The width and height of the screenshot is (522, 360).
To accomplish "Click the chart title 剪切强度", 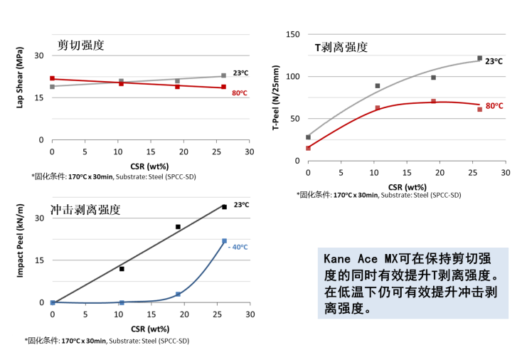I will point(81,46).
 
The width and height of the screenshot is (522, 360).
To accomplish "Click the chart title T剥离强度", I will point(341,48).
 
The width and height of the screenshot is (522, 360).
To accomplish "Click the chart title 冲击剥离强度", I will point(85,210).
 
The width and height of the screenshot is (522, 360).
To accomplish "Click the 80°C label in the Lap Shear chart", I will point(239,92).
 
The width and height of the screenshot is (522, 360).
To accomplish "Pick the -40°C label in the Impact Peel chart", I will point(238,247).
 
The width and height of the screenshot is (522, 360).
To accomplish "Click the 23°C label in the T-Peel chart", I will point(494,62).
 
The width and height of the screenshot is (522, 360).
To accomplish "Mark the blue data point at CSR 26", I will point(224,241).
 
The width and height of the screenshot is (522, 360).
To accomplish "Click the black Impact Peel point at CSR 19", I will point(178,227).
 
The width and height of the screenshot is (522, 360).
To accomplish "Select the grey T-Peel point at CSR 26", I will point(479,58).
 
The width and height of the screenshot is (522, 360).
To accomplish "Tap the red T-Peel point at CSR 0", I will point(308,148).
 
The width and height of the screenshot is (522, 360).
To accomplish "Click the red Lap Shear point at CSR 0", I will point(52,78).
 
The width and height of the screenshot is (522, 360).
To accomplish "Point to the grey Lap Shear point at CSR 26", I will point(223,75).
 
